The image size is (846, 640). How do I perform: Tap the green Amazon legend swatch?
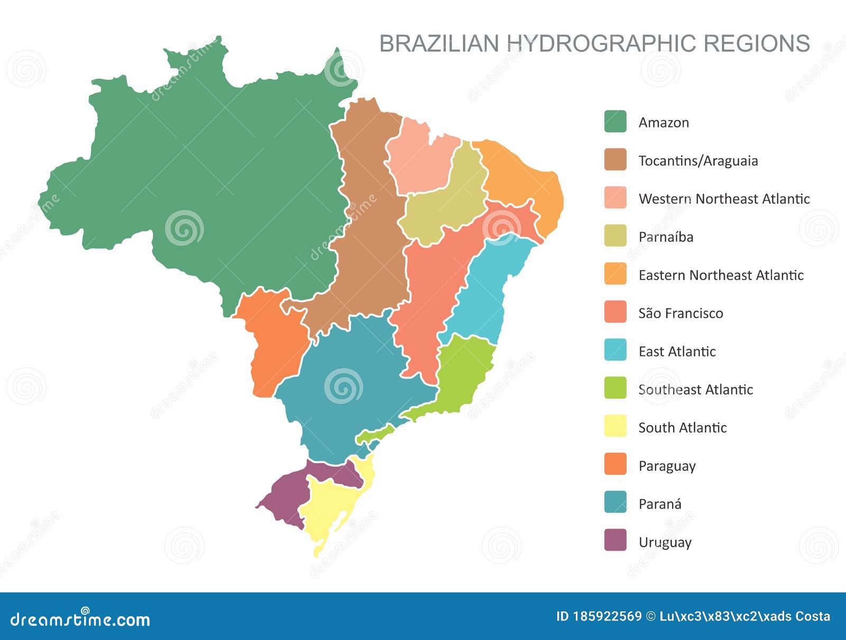(615, 122)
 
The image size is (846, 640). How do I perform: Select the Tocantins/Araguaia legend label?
(698, 161)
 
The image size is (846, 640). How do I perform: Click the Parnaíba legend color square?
(615, 236)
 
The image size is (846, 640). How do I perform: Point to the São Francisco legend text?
(681, 313)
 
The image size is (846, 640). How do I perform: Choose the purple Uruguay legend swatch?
(615, 541)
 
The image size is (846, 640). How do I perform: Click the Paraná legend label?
(659, 504)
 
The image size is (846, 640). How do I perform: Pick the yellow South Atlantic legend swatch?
(615, 426)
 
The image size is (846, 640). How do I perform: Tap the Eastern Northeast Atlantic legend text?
(721, 275)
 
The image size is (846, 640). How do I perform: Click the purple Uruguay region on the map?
(283, 497)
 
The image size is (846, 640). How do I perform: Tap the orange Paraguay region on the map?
(275, 344)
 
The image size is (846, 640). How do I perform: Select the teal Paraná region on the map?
(344, 391)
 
